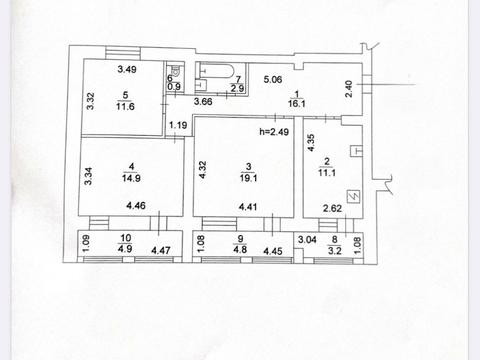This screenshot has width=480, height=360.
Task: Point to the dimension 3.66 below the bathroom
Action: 205,101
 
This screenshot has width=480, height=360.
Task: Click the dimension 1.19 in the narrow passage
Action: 178,125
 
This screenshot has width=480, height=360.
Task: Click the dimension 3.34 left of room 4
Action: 88,176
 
